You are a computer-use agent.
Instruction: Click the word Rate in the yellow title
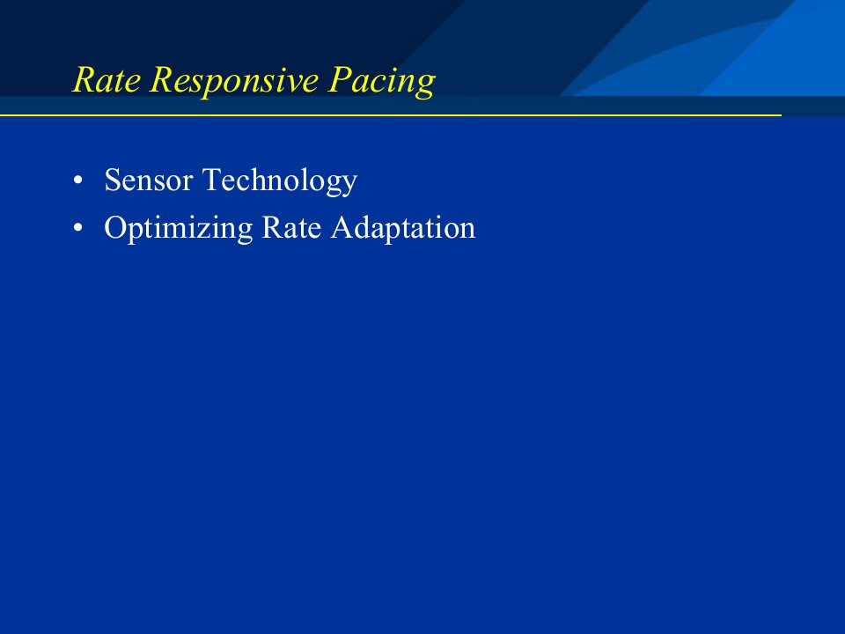107,80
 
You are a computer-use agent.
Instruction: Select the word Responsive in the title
234,82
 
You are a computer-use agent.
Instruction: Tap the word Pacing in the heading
381,82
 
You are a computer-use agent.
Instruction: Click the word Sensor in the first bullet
149,180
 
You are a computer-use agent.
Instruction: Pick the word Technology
280,181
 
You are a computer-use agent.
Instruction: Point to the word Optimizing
179,229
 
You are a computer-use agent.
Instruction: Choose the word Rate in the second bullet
291,227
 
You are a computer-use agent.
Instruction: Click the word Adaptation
403,229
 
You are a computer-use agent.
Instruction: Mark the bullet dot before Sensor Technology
78,181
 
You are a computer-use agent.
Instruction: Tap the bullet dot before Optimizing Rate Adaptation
78,228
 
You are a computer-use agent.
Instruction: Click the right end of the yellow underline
781,114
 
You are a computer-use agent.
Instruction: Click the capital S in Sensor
113,180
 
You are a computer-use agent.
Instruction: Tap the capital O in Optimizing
115,227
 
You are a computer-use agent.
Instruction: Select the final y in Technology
349,186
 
